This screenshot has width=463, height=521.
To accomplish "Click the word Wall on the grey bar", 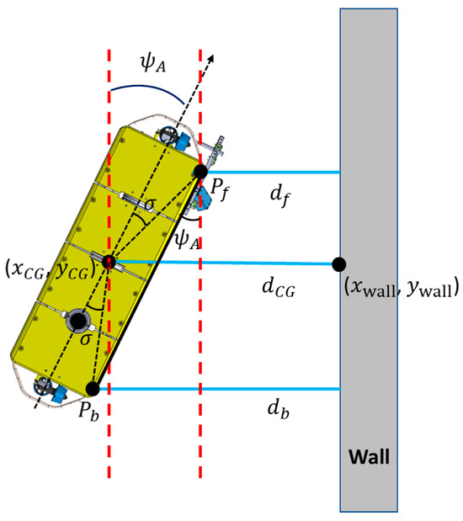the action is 369,456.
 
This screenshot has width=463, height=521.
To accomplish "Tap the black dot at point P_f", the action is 200,172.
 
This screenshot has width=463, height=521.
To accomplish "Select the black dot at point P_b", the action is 93,389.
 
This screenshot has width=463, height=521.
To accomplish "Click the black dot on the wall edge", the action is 339,264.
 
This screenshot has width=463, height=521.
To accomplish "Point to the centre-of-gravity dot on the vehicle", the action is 109,262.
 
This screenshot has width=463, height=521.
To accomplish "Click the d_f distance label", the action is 279,196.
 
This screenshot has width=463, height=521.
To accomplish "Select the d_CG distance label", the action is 279,287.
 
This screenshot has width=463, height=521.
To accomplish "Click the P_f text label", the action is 220,190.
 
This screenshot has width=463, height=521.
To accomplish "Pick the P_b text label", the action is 88,412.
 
